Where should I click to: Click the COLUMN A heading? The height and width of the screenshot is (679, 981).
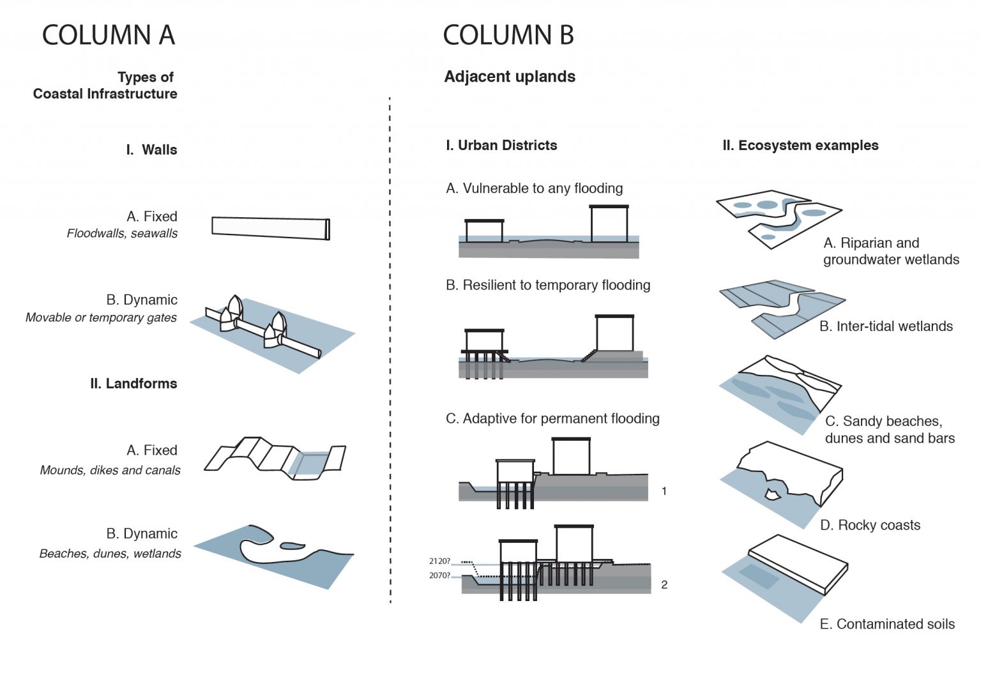point(108,35)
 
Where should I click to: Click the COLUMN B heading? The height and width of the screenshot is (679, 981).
point(508,35)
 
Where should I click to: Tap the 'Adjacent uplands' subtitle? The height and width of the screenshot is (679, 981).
point(510,77)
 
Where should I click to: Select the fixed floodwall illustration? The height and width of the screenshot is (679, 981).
point(270,228)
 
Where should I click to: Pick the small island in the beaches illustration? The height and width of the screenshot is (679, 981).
point(292,546)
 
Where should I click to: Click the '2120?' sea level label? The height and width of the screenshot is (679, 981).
point(439,561)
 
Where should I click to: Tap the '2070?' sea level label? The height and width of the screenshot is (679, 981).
point(439,576)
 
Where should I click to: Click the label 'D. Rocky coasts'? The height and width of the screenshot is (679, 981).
point(870,525)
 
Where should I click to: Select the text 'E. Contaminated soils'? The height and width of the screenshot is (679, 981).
point(887,624)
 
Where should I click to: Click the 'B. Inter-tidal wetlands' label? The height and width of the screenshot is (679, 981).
point(886,326)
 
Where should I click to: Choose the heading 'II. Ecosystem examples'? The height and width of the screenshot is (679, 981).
point(800,146)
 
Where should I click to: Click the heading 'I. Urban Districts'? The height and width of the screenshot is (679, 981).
point(501,146)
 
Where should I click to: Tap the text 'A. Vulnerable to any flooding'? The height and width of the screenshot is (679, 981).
point(535,188)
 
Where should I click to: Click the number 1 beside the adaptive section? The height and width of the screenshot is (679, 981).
point(664,491)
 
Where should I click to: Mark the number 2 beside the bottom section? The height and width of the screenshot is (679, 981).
point(664,584)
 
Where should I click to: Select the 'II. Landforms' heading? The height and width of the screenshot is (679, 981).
point(133,384)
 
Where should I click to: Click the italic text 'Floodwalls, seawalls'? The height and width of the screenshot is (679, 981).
point(122,234)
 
